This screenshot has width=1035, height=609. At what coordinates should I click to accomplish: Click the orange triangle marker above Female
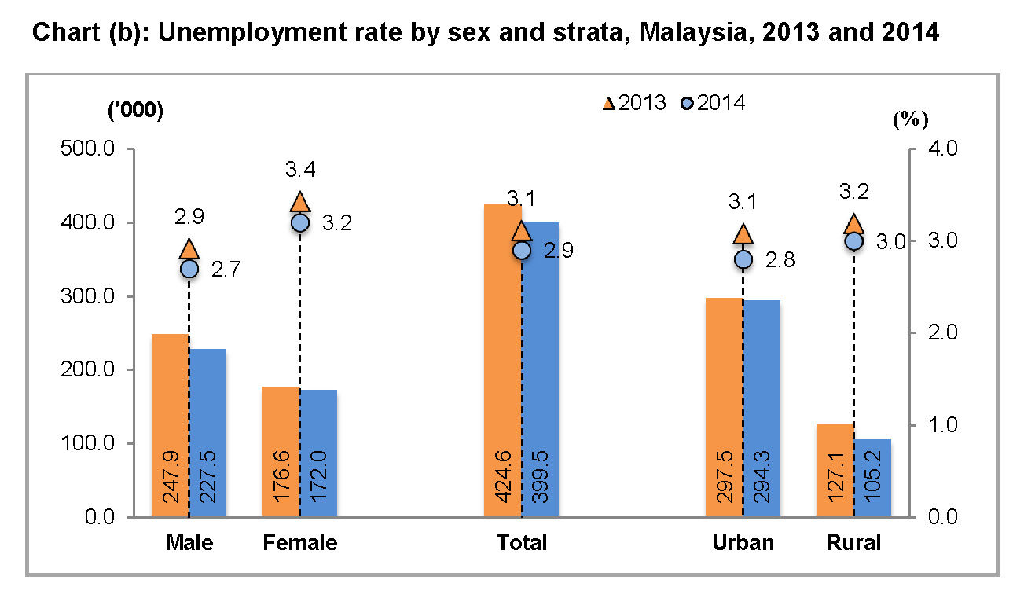(299, 202)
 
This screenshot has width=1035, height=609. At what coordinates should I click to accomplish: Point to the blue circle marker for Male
(189, 269)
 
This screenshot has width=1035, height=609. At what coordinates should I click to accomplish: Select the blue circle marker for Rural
(854, 240)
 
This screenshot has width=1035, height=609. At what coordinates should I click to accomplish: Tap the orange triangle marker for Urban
(743, 233)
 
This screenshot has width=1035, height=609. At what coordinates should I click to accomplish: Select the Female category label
(299, 543)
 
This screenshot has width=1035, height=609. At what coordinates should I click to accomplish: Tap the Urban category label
(743, 543)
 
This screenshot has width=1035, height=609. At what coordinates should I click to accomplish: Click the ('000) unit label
(135, 111)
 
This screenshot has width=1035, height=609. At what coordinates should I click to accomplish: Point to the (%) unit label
(911, 119)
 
